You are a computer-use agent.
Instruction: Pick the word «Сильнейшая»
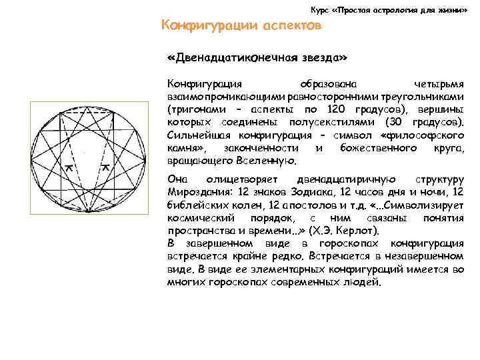click(x=196, y=135)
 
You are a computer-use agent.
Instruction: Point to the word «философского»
click(x=425, y=135)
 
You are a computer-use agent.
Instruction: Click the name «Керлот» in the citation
click(x=357, y=231)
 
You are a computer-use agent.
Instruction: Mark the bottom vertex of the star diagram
click(x=87, y=211)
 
